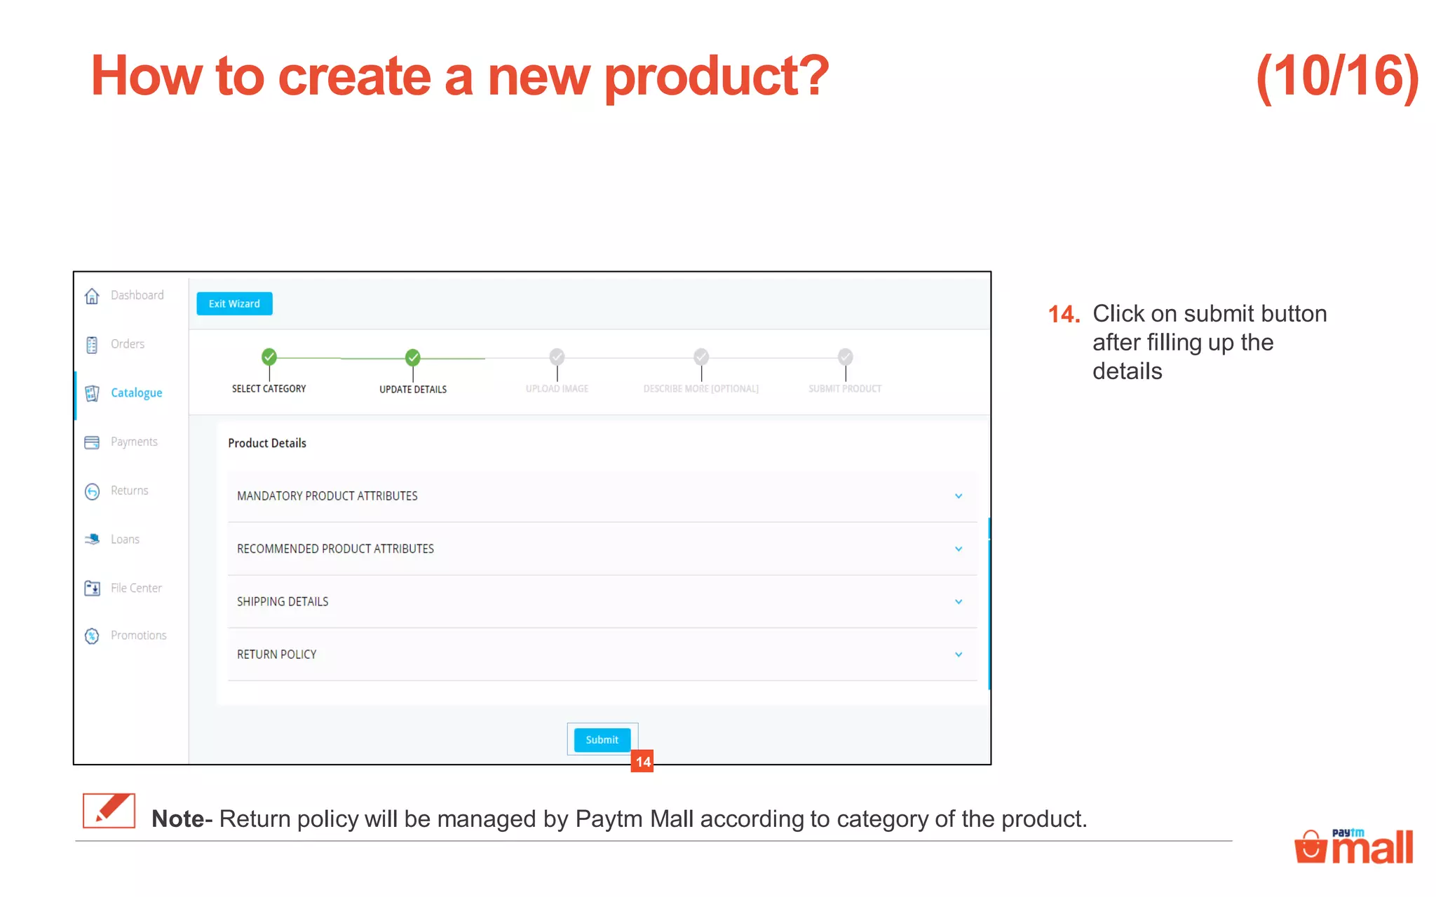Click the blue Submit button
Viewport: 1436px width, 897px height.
(602, 739)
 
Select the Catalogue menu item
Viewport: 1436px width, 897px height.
(136, 392)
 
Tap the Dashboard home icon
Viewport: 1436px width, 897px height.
(92, 296)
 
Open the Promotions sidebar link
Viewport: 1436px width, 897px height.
(138, 635)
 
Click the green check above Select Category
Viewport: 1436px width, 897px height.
(269, 357)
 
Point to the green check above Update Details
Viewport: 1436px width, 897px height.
(413, 357)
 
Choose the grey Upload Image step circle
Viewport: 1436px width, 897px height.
(557, 357)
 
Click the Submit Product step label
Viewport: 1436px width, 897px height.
(844, 388)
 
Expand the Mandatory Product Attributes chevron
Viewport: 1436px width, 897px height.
(959, 496)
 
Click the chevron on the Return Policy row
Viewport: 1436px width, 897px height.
(959, 655)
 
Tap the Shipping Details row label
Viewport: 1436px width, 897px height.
(283, 601)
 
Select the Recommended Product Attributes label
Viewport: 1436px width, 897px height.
(335, 549)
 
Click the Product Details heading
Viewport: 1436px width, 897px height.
(267, 443)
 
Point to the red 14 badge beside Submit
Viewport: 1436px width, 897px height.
(642, 761)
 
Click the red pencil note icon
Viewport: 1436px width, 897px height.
(109, 811)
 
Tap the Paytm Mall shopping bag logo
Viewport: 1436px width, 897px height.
(1310, 847)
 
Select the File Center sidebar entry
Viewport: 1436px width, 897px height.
(136, 588)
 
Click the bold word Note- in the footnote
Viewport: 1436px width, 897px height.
(182, 819)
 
